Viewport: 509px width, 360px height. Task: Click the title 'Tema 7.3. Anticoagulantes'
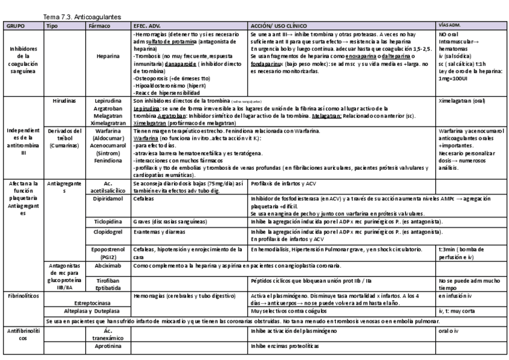[82, 18]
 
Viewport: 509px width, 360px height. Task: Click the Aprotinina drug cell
[108, 346]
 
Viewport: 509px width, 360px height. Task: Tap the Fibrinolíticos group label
[22, 296]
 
